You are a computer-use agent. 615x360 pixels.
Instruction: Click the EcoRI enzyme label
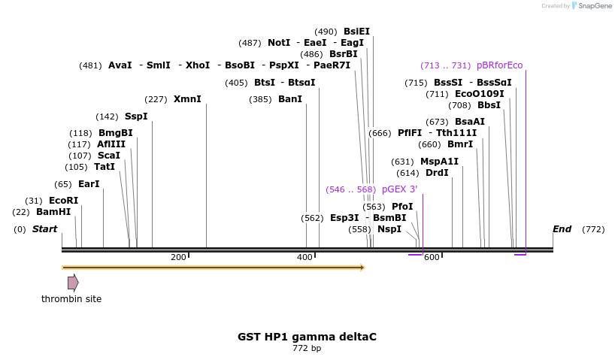click(63, 201)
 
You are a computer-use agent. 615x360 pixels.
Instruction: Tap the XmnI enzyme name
click(187, 99)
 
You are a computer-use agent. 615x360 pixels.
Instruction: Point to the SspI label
click(136, 116)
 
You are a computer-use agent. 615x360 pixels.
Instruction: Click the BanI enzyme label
click(290, 99)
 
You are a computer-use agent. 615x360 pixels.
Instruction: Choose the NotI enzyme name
click(279, 43)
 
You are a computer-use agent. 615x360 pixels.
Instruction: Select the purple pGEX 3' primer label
click(399, 189)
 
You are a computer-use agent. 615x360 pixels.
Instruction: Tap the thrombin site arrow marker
click(73, 283)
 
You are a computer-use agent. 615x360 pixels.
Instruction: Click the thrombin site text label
click(71, 299)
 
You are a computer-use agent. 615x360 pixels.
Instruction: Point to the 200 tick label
click(178, 258)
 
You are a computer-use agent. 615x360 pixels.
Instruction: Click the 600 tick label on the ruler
click(432, 258)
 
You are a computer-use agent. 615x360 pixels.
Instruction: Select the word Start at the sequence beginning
click(44, 229)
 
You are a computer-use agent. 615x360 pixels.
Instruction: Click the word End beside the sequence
click(562, 229)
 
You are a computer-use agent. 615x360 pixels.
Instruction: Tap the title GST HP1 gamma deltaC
click(307, 337)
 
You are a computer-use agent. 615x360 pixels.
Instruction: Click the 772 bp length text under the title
click(307, 348)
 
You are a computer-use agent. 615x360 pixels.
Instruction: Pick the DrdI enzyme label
click(437, 173)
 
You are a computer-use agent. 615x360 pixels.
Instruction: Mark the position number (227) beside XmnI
click(156, 99)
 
